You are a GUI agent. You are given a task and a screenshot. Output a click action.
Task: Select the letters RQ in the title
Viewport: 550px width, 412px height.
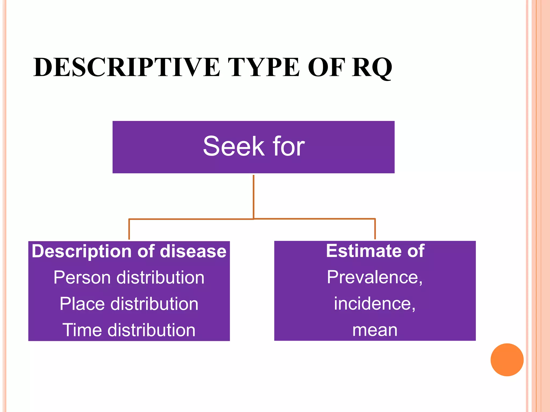372,68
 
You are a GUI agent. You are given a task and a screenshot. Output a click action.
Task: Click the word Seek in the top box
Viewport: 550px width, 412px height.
234,146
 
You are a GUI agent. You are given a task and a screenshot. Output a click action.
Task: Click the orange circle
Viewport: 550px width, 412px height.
507,360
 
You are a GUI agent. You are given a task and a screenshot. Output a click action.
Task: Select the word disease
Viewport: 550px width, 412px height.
193,251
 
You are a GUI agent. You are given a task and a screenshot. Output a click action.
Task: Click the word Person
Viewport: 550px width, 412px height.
82,277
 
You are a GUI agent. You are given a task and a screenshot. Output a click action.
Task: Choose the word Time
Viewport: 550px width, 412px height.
82,330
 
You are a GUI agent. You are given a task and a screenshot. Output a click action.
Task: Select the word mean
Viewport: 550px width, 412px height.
375,330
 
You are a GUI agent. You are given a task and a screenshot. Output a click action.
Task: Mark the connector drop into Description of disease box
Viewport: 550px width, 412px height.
129,229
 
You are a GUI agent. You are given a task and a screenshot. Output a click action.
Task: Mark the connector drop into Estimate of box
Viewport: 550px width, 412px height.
375,229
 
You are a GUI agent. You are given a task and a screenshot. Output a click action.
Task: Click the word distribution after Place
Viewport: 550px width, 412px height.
154,304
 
